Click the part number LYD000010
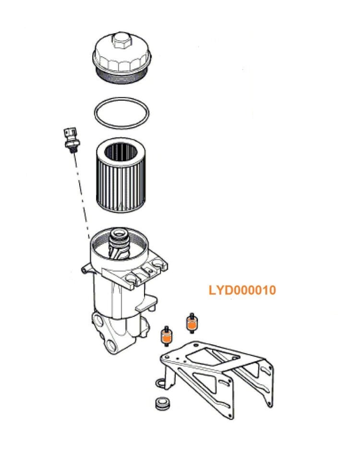pyautogui.click(x=242, y=291)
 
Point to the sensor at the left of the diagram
pyautogui.click(x=71, y=139)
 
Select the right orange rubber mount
pyautogui.click(x=191, y=325)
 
